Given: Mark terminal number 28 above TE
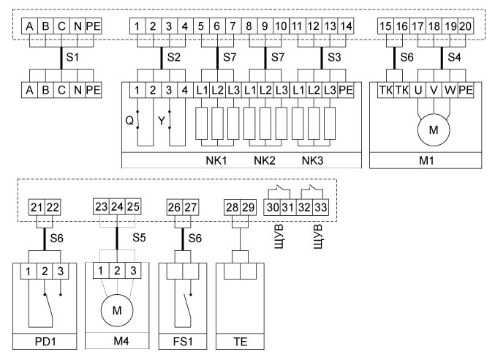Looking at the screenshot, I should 232,208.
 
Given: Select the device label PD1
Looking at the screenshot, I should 42,342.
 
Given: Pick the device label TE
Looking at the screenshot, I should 238,342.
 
